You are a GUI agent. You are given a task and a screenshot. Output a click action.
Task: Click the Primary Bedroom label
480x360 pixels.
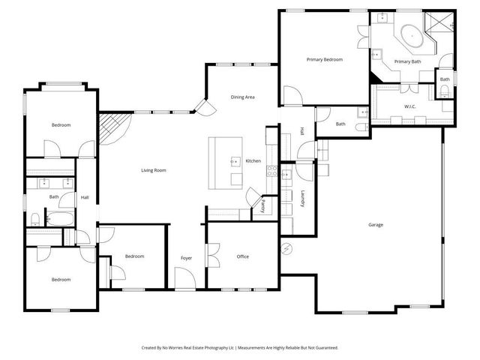click(x=325, y=58)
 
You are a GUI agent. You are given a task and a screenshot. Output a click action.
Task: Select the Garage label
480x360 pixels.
click(x=376, y=225)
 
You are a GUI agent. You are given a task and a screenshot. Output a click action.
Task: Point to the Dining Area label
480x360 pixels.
click(x=242, y=97)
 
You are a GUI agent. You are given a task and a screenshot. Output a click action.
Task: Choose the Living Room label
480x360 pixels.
click(x=153, y=170)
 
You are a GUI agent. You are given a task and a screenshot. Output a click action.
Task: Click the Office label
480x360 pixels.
click(x=242, y=256)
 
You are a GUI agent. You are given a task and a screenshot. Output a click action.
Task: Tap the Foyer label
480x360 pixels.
click(x=186, y=258)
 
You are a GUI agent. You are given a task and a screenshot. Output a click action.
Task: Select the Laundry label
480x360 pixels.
click(x=302, y=199)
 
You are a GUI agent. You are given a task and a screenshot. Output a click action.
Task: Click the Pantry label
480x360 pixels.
click(x=263, y=205)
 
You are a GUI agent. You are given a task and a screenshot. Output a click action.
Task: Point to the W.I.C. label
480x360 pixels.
click(x=410, y=106)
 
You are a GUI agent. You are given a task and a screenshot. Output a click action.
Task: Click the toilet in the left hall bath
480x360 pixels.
click(x=35, y=219)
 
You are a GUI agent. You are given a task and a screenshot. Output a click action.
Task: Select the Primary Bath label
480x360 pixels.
click(x=408, y=61)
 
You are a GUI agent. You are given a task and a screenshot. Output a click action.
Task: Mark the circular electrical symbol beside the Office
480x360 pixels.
click(x=286, y=248)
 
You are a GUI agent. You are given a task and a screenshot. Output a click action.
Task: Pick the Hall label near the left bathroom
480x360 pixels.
click(x=85, y=197)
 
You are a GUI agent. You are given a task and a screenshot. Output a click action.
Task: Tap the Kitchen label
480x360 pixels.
click(x=253, y=161)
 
